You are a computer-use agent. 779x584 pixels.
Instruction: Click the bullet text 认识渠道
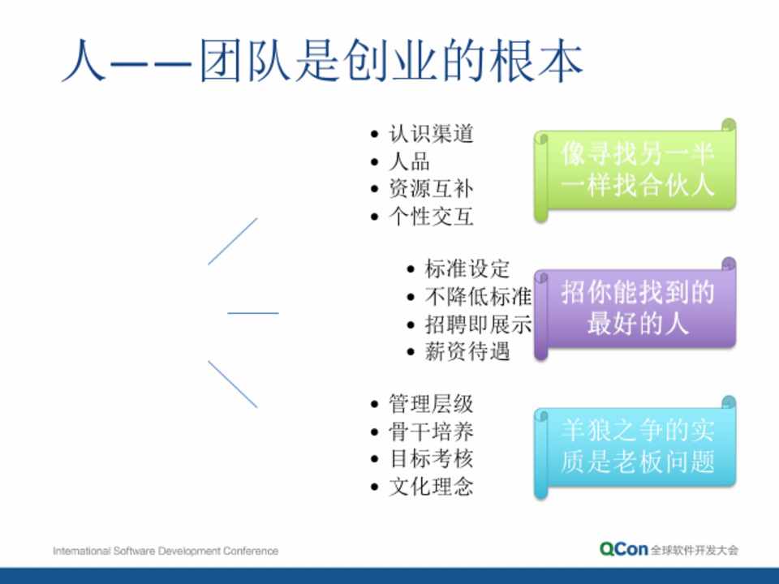point(431,134)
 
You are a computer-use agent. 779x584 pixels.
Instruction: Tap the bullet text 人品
point(409,161)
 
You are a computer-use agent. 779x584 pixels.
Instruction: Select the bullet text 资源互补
point(431,189)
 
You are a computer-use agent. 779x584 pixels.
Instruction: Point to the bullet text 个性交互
point(431,217)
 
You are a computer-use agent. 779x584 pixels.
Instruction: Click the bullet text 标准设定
point(467,269)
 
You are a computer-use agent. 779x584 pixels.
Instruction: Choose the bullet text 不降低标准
point(478,297)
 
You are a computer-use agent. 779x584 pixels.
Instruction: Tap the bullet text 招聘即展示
point(478,324)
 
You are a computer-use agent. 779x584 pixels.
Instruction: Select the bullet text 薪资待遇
point(467,351)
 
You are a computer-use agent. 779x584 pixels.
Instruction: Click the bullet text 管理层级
point(431,404)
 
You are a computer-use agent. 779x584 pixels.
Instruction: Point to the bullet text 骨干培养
point(431,432)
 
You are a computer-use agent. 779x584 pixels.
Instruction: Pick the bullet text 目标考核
point(431,459)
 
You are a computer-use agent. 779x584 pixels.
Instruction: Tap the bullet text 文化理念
point(431,487)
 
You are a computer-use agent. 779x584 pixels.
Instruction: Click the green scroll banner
point(635,170)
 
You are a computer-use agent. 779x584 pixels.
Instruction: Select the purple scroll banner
point(635,308)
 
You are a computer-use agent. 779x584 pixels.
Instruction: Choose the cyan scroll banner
point(635,447)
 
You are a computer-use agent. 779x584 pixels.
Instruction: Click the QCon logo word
point(623,549)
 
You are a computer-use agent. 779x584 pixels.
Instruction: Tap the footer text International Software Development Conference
point(166,551)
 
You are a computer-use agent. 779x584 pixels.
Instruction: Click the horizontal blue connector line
point(253,313)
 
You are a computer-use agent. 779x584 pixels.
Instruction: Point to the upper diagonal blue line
point(233,242)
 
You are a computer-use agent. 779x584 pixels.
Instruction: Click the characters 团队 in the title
point(245,61)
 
